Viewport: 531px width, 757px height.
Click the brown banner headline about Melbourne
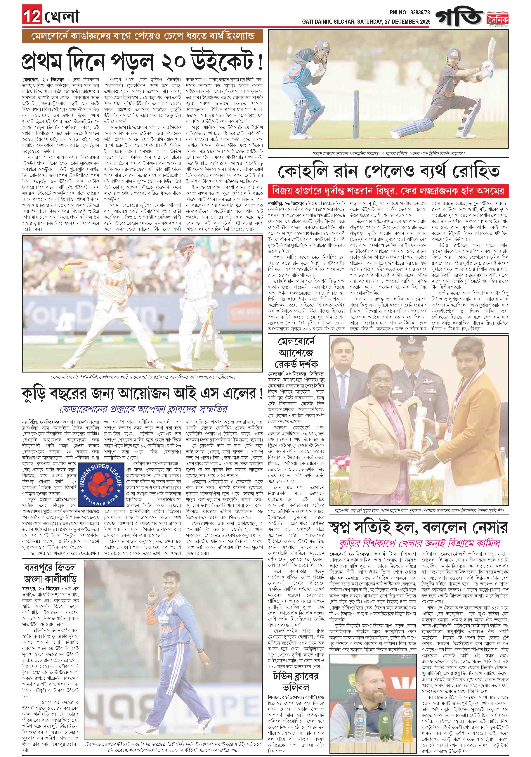(x=142, y=36)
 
